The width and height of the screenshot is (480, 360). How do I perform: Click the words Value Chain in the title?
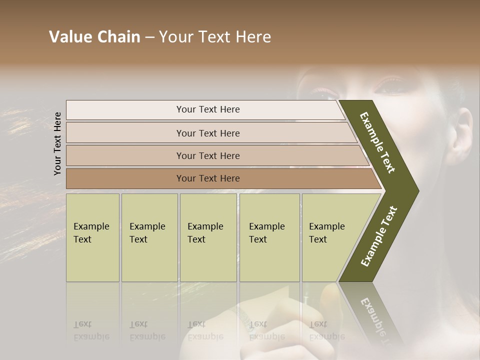point(94,37)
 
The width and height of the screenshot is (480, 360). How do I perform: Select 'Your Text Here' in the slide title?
point(215,37)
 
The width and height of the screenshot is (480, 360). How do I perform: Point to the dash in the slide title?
point(149,37)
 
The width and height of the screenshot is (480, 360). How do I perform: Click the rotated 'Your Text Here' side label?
point(58,143)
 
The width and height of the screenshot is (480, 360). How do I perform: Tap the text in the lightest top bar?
point(208,109)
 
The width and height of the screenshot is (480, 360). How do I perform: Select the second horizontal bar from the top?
point(208,133)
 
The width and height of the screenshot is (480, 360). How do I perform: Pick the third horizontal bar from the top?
point(208,155)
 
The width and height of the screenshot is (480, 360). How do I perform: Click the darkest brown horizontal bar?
point(208,178)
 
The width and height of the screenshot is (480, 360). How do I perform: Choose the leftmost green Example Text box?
point(92,237)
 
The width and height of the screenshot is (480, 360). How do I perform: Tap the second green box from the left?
point(149,237)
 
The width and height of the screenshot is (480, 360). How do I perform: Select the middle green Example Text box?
point(208,237)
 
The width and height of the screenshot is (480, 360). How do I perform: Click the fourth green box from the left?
point(269,237)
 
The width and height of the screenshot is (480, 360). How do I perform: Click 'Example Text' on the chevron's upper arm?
point(377,142)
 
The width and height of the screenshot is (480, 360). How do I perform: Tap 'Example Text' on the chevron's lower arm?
point(378,236)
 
